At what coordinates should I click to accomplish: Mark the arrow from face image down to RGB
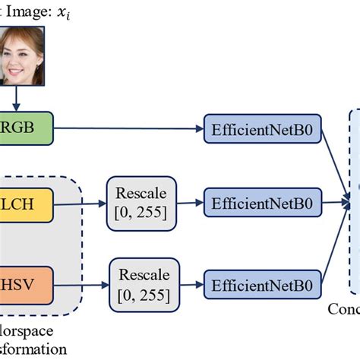coord(17,99)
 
